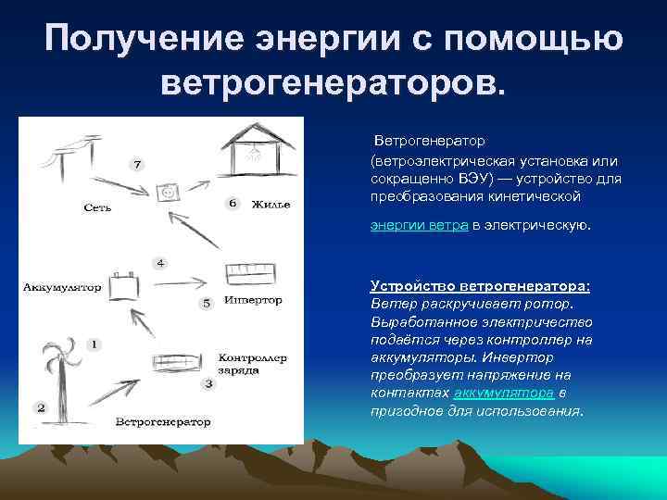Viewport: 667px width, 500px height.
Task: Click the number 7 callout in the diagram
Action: (x=137, y=165)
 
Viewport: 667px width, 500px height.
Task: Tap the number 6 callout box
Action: (x=232, y=202)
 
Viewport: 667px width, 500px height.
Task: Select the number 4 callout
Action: (x=160, y=262)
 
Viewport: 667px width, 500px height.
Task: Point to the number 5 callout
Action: (x=207, y=303)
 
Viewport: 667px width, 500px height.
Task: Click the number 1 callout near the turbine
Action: (x=93, y=344)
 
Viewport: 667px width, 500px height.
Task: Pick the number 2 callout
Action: (x=40, y=406)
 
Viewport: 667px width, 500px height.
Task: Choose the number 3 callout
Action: (x=208, y=382)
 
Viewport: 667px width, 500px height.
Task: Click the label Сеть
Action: (x=97, y=207)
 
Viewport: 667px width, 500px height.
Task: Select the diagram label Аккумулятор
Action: (x=62, y=287)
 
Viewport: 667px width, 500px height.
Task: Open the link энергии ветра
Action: (x=419, y=225)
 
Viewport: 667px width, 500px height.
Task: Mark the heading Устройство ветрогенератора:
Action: (x=480, y=285)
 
